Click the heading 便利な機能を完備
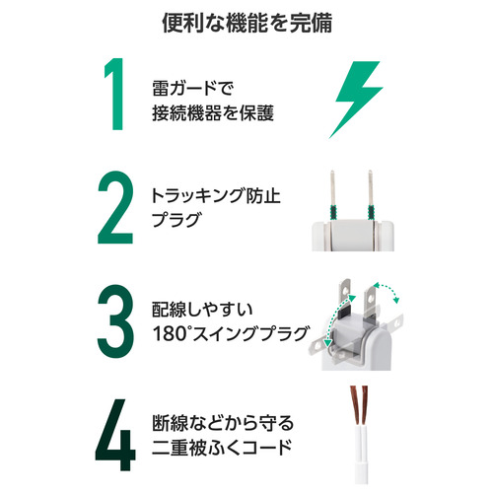pyautogui.click(x=246, y=23)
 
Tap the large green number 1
pyautogui.click(x=114, y=94)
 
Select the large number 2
pyautogui.click(x=115, y=207)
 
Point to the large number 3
pyautogui.click(x=115, y=320)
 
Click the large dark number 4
pyautogui.click(x=115, y=435)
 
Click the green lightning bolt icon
pyautogui.click(x=356, y=100)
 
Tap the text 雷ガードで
pyautogui.click(x=193, y=88)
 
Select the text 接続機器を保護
pyautogui.click(x=213, y=113)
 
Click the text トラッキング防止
pyautogui.click(x=216, y=196)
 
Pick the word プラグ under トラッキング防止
pyautogui.click(x=176, y=220)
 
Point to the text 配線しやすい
pyautogui.click(x=202, y=310)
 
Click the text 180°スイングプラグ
pyautogui.click(x=231, y=334)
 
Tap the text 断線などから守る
pyautogui.click(x=223, y=423)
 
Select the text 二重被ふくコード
pyautogui.click(x=222, y=448)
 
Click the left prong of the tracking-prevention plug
pyautogui.click(x=333, y=195)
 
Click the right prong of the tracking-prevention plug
pyautogui.click(x=371, y=195)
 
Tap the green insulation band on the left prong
pyautogui.click(x=333, y=212)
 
